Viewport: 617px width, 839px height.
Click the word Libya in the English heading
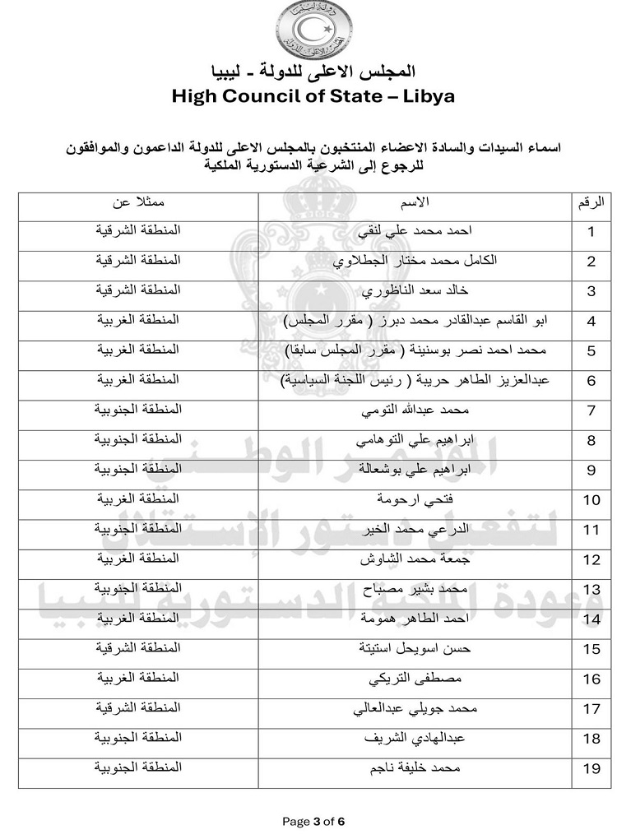(420, 96)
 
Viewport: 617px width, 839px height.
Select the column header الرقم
(590, 202)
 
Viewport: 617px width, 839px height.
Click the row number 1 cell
(590, 232)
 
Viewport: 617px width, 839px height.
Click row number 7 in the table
(590, 410)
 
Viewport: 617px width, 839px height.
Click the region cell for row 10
(137, 499)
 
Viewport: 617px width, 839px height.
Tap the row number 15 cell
(590, 649)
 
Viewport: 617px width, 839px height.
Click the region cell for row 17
(137, 708)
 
